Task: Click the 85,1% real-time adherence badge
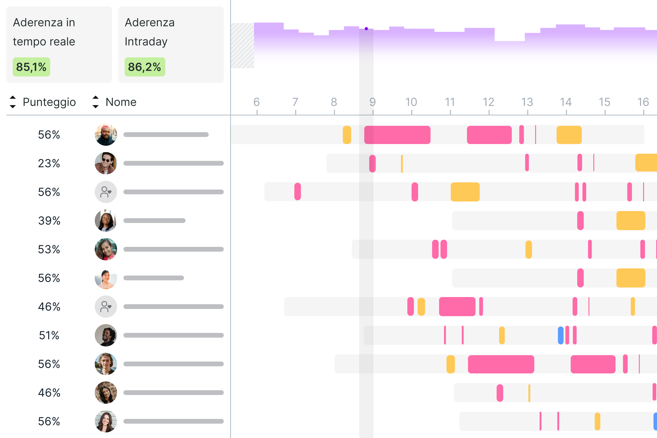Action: [31, 67]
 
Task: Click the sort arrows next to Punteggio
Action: [13, 102]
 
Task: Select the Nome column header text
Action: [121, 102]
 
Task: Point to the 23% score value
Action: [49, 163]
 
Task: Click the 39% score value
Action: [49, 221]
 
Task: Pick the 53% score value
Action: [49, 249]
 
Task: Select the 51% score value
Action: [49, 335]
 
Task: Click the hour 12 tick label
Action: [488, 102]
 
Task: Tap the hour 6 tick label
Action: [256, 102]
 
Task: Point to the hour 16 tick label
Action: [643, 102]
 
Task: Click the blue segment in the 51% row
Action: [560, 335]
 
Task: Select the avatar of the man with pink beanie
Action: [106, 135]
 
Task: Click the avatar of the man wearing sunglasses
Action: [106, 163]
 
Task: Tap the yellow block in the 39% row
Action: [631, 221]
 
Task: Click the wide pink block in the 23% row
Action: [372, 163]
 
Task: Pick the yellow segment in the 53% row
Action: [529, 249]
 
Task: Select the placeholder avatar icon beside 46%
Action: [106, 307]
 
